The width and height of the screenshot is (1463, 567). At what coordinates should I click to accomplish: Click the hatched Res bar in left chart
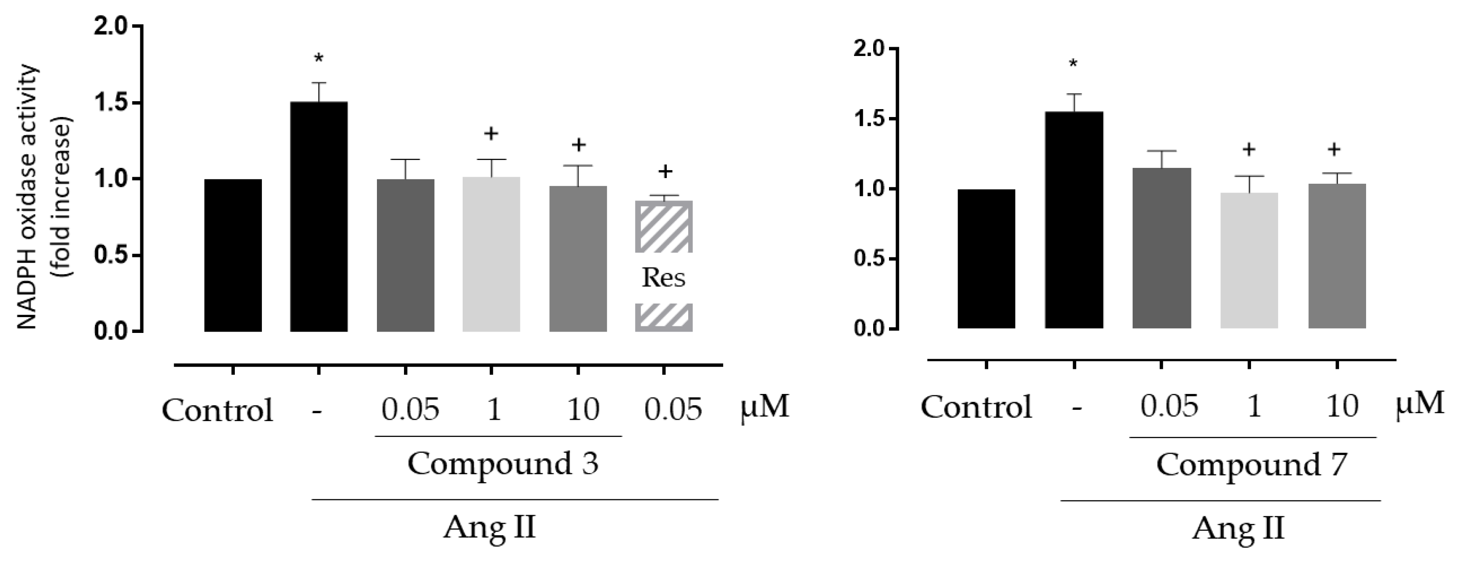pyautogui.click(x=663, y=227)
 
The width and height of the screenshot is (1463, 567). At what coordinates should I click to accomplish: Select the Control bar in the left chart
pyautogui.click(x=233, y=256)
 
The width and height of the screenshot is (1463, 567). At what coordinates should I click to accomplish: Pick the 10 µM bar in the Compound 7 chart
pyautogui.click(x=1337, y=256)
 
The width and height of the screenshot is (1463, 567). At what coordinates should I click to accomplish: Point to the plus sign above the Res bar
pyautogui.click(x=665, y=171)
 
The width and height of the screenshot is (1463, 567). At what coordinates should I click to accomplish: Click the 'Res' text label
pyautogui.click(x=663, y=278)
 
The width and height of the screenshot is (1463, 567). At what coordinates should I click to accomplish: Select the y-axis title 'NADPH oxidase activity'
pyautogui.click(x=28, y=196)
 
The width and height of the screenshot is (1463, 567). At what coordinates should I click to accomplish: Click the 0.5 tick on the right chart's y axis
pyautogui.click(x=869, y=259)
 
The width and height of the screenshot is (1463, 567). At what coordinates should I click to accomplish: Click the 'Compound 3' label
pyautogui.click(x=503, y=463)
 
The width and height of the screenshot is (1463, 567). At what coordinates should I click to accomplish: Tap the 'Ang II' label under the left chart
pyautogui.click(x=490, y=527)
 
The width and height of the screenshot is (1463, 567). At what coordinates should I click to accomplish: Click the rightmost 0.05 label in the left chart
pyautogui.click(x=673, y=409)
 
